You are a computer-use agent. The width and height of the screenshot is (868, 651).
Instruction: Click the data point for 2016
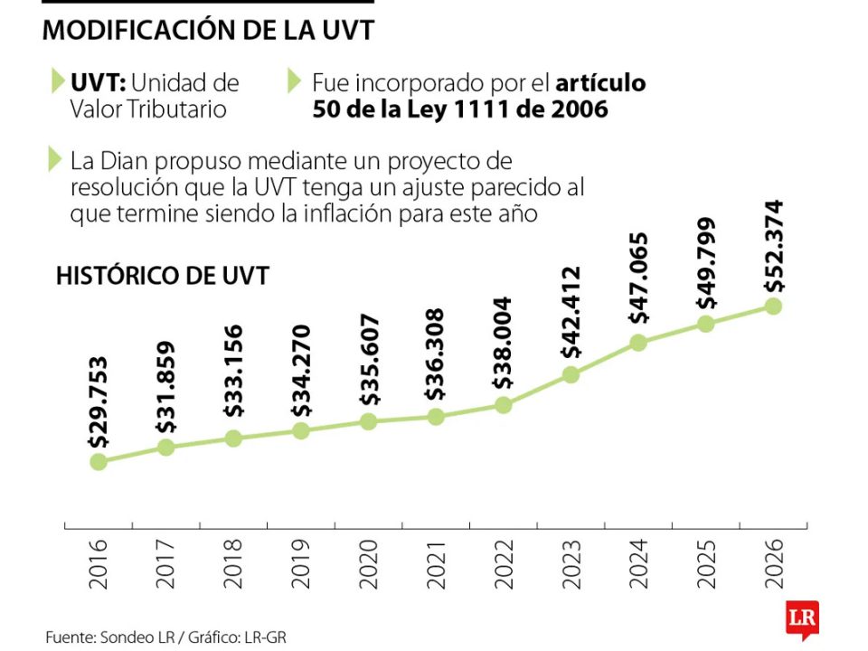tap(99, 461)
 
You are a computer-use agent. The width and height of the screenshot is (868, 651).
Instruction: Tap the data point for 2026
tap(773, 306)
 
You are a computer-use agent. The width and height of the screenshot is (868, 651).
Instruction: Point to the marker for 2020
tap(368, 421)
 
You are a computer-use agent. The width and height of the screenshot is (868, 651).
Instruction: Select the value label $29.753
tap(99, 402)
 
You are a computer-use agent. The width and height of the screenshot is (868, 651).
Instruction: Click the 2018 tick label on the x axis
tap(233, 564)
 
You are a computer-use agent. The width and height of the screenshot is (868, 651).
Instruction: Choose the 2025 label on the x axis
tap(706, 564)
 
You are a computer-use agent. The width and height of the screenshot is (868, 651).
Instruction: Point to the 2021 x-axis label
tap(436, 564)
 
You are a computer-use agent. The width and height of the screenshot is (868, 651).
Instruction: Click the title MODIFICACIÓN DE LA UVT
tap(208, 30)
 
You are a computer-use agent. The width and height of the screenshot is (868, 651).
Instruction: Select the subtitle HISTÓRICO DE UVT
tap(162, 276)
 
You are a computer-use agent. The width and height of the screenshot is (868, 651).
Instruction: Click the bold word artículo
tap(600, 83)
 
